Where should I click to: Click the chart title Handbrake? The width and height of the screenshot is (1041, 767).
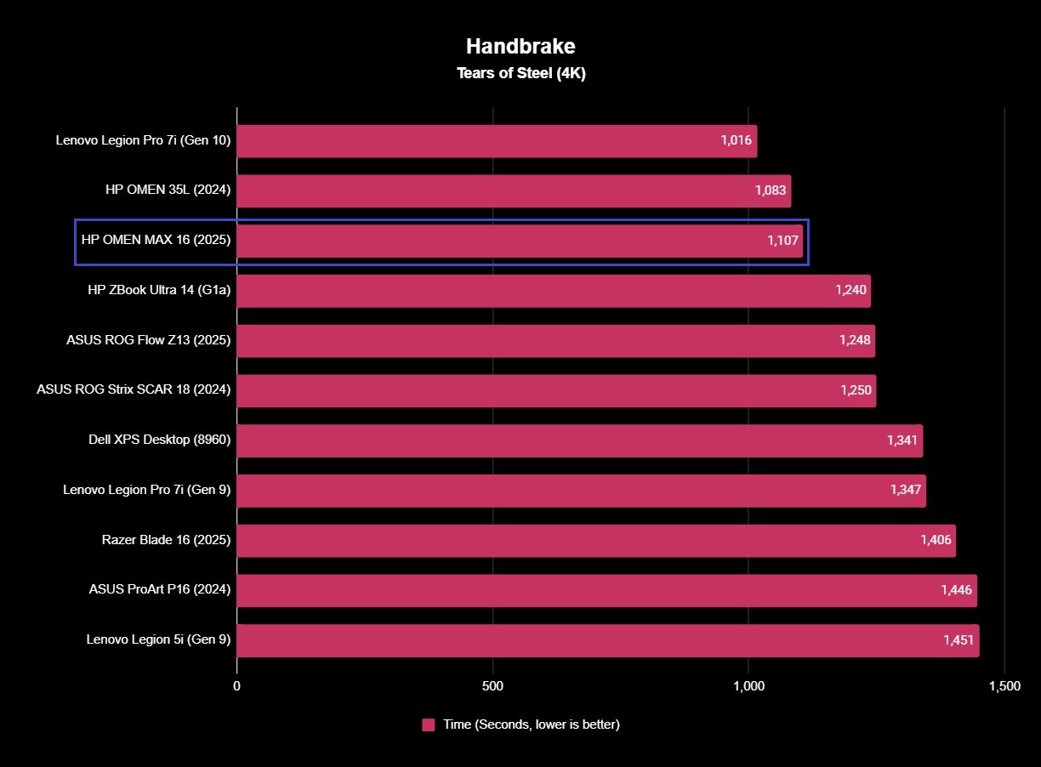point(520,46)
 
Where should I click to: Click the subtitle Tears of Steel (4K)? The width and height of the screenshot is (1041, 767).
point(520,73)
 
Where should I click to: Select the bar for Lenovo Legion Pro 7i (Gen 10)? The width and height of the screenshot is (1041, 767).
point(476,141)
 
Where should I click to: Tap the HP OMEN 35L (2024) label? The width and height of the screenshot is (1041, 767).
point(168,190)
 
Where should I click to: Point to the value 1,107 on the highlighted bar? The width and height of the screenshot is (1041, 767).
point(783,241)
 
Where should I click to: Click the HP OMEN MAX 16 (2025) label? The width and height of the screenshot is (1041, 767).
point(156,241)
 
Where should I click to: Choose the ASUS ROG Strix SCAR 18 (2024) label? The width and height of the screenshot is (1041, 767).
point(134,390)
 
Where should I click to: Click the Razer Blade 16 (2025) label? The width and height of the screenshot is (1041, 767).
point(166,540)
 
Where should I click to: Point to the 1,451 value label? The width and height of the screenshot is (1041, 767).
point(959,640)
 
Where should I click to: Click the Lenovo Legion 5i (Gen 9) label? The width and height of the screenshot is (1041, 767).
point(158,640)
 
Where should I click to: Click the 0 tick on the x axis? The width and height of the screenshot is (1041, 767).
point(236,686)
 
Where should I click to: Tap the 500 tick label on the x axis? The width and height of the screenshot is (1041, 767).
point(492,686)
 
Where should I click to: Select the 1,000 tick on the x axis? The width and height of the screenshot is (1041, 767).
point(748,686)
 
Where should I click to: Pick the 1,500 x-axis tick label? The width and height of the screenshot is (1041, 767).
point(1004,686)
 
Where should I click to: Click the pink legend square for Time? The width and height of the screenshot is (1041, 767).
point(429,724)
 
